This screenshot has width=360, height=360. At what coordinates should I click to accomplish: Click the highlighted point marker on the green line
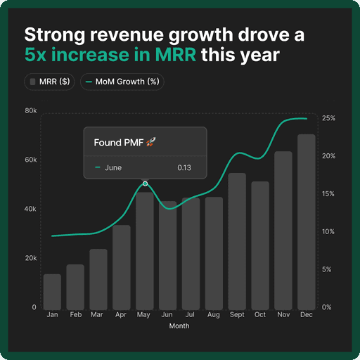coord(145,184)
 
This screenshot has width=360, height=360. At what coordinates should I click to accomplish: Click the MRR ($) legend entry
coord(51,82)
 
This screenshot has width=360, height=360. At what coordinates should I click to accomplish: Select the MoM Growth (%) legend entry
coord(122,82)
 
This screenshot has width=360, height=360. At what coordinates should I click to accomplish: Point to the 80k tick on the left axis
coord(30,111)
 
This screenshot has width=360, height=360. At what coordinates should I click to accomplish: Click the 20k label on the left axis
coord(30,259)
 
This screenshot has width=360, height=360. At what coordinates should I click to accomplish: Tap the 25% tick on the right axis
coord(328,118)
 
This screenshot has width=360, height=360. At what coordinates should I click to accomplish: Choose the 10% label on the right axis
coord(328,232)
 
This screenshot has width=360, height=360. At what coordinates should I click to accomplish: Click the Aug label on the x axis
coord(214,315)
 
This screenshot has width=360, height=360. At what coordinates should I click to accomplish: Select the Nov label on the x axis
coord(283,315)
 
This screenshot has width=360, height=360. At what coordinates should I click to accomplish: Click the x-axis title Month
coord(179,326)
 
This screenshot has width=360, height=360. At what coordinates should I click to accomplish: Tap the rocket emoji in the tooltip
coord(151,143)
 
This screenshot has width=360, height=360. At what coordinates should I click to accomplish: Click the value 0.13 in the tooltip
coord(184,168)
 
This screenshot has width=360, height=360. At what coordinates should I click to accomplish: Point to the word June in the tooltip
coord(113,168)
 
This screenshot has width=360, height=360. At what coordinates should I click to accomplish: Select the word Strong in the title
coord(53,34)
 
